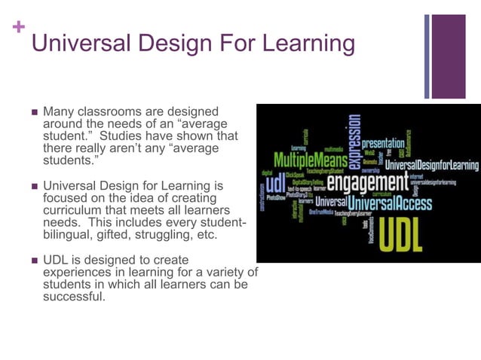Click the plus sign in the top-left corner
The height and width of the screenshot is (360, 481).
[18, 28]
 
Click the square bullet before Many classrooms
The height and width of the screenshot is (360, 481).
[33, 112]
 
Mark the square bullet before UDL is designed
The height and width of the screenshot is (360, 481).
[33, 260]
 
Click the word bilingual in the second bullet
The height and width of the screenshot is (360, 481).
[68, 234]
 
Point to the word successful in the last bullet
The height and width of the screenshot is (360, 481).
[75, 296]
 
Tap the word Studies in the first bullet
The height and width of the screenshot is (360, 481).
[121, 136]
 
